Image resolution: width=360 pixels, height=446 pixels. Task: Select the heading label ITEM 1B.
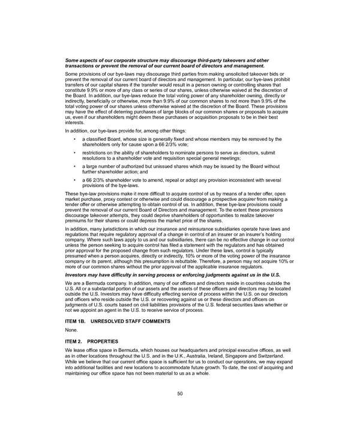tap(76, 321)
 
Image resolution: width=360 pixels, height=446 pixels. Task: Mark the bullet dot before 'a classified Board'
tap(74, 139)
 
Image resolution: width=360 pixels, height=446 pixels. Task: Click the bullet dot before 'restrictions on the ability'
tap(74, 152)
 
